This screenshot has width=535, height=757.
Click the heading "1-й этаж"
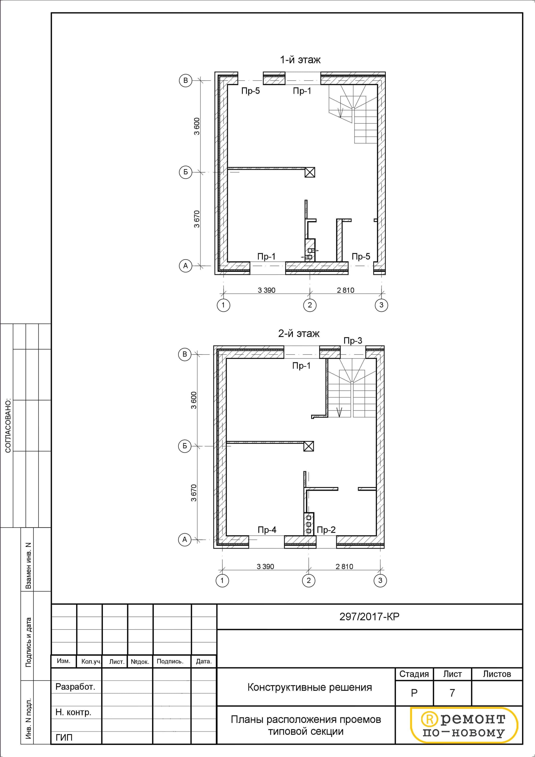pyautogui.click(x=300, y=60)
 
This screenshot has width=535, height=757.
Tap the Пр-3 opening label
pyautogui.click(x=353, y=341)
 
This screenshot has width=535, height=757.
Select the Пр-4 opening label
pyautogui.click(x=267, y=530)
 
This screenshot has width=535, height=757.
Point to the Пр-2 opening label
pyautogui.click(x=326, y=530)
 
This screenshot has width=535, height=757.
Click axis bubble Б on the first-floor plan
pyautogui.click(x=186, y=172)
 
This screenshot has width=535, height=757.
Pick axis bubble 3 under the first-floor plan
pyautogui.click(x=381, y=305)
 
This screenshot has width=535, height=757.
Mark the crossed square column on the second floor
pyautogui.click(x=309, y=446)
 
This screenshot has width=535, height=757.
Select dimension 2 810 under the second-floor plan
pyautogui.click(x=344, y=567)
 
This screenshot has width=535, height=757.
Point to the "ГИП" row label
pyautogui.click(x=64, y=738)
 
